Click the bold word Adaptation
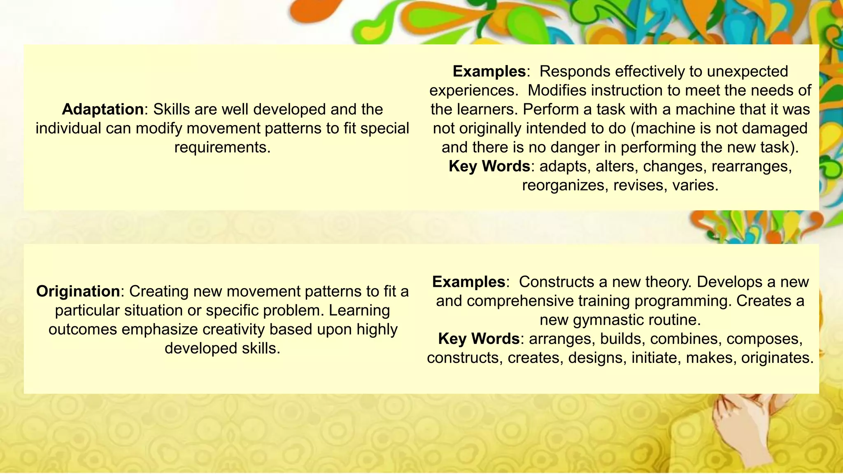pyautogui.click(x=102, y=109)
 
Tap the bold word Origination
pyautogui.click(x=78, y=291)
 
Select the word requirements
pyautogui.click(x=222, y=147)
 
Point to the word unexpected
pyautogui.click(x=747, y=72)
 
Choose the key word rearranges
pyautogui.click(x=751, y=166)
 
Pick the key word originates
pyautogui.click(x=777, y=358)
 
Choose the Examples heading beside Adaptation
pyautogui.click(x=489, y=72)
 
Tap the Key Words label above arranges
pyautogui.click(x=479, y=339)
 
